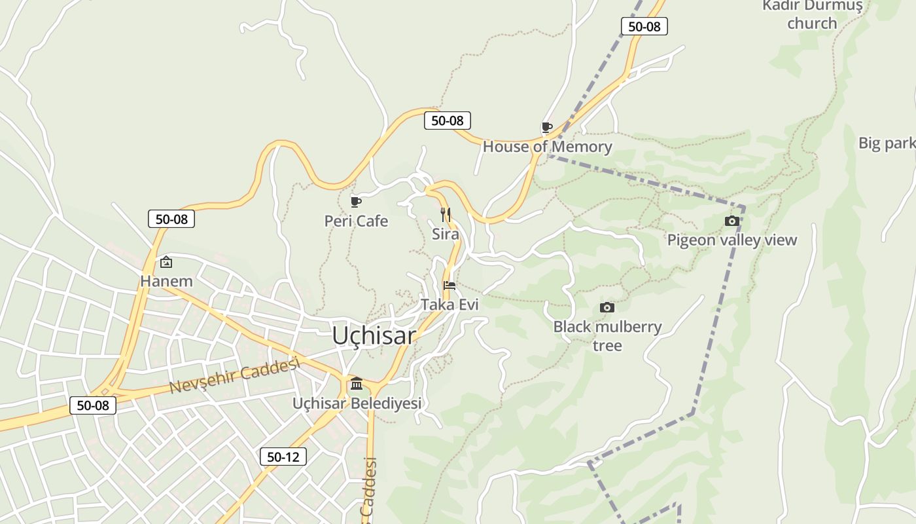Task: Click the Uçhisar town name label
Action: tap(374, 335)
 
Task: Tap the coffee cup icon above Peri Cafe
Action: tap(356, 202)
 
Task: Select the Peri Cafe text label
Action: tap(356, 221)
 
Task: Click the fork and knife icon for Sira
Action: tap(446, 214)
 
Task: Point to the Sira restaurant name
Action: tap(446, 234)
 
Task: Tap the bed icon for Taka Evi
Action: tap(449, 285)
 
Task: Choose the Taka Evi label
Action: tap(449, 305)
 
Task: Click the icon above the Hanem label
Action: tap(166, 262)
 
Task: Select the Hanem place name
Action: tap(166, 282)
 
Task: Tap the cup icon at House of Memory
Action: tap(547, 127)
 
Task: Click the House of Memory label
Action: tap(547, 147)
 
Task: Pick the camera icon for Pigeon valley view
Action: tap(732, 221)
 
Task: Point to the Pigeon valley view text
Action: tap(732, 240)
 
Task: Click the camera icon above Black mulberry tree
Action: tap(607, 307)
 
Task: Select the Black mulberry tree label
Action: tap(607, 335)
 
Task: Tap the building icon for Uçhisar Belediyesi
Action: tap(357, 383)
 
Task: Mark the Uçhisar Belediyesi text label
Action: tap(357, 403)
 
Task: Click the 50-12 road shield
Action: tap(283, 457)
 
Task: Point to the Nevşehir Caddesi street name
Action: tap(234, 376)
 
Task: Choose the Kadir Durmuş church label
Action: tap(812, 14)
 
